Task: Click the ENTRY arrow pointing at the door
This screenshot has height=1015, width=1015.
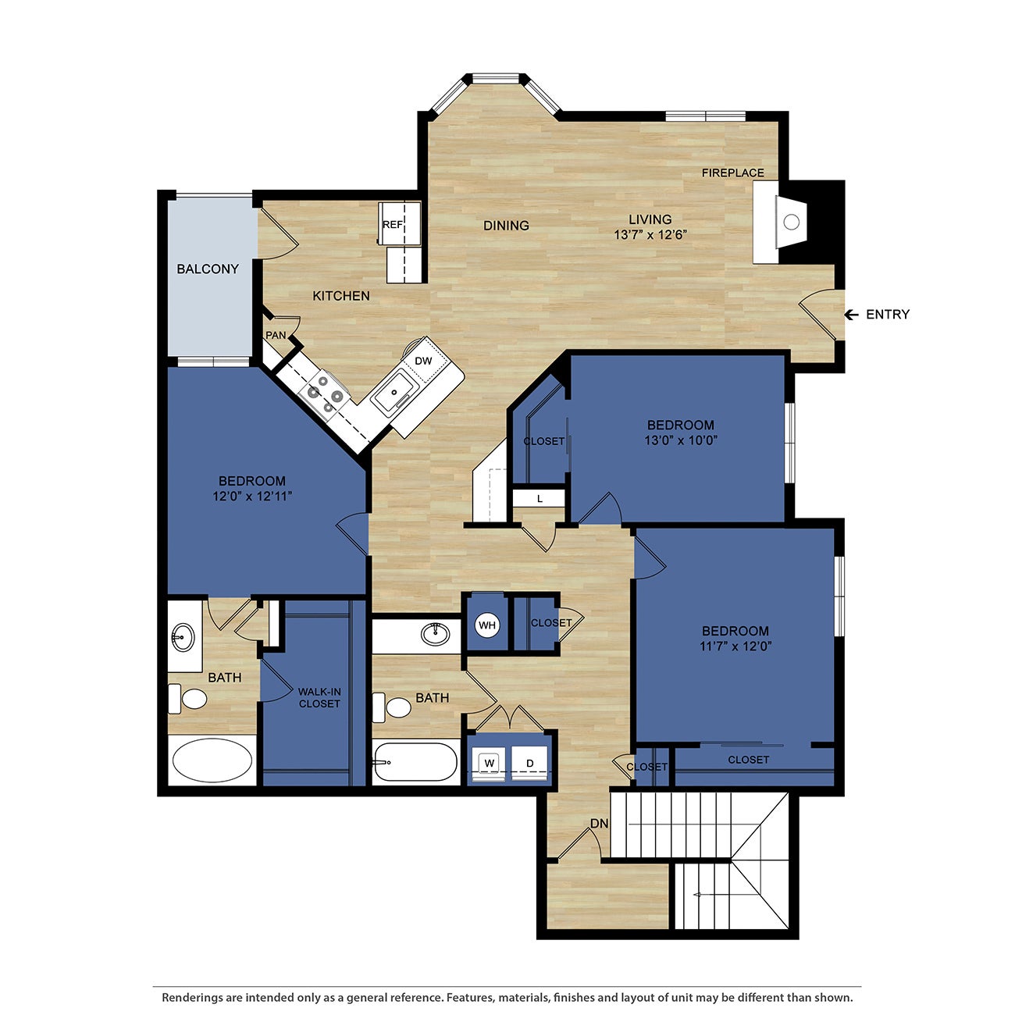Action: tap(852, 315)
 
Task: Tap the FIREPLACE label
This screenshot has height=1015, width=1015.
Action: tap(732, 173)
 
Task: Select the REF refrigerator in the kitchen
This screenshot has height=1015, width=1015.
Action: tap(392, 225)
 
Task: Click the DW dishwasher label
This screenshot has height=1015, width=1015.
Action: tap(423, 361)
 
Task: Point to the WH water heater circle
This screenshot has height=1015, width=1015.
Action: tap(487, 625)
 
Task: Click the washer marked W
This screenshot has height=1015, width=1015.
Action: tap(490, 762)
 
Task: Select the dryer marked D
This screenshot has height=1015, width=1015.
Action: tap(529, 762)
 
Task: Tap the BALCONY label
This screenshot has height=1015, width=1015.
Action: tap(208, 269)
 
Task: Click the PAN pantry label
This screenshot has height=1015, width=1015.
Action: tap(276, 336)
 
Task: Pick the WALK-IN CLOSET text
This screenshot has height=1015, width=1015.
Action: tap(319, 698)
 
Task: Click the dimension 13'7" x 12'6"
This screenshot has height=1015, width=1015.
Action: tap(650, 234)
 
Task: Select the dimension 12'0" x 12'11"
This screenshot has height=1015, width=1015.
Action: tap(252, 496)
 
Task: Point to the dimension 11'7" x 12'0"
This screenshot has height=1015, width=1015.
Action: tap(735, 646)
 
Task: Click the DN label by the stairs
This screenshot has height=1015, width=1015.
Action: tap(599, 824)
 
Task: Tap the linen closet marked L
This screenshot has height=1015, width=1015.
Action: tap(540, 499)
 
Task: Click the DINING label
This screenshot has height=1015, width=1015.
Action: tap(506, 226)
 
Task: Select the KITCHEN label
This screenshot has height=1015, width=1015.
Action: tap(341, 296)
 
